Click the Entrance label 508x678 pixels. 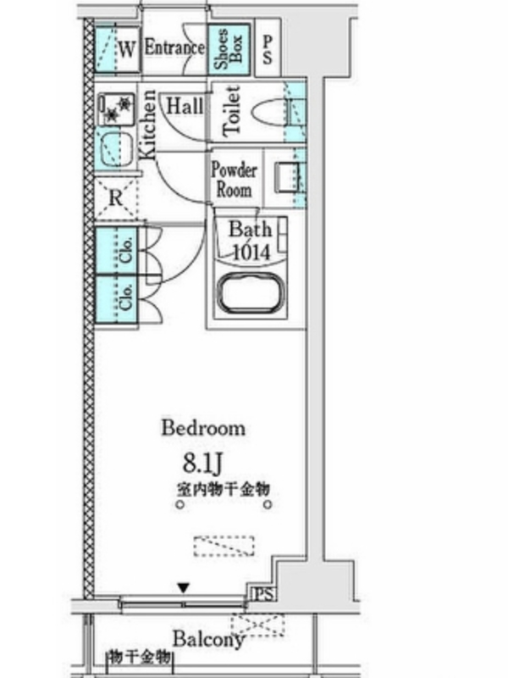coord(174,47)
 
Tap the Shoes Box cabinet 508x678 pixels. coord(229,49)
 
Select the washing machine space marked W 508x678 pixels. coord(118,49)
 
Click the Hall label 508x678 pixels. coord(185,106)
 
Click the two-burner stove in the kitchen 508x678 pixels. coord(116,108)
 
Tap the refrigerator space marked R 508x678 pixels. coord(116,198)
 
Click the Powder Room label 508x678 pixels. coord(234,180)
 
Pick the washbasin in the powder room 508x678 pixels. coord(287,176)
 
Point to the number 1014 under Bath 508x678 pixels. coord(251,252)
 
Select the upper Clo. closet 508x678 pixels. coord(116,250)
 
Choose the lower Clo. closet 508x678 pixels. coord(116,300)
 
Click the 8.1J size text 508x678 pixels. coord(202,463)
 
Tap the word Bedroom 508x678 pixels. coord(203,428)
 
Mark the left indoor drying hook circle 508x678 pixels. coord(180,504)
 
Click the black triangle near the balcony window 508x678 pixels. coord(184,588)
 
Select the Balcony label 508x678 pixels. coord(209,639)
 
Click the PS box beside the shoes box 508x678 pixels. coord(268,48)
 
